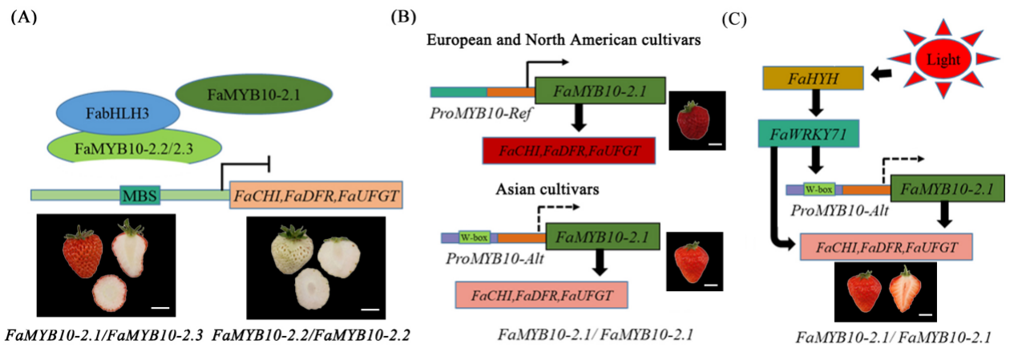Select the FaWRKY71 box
coord(809,134)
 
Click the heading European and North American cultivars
coord(565,40)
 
